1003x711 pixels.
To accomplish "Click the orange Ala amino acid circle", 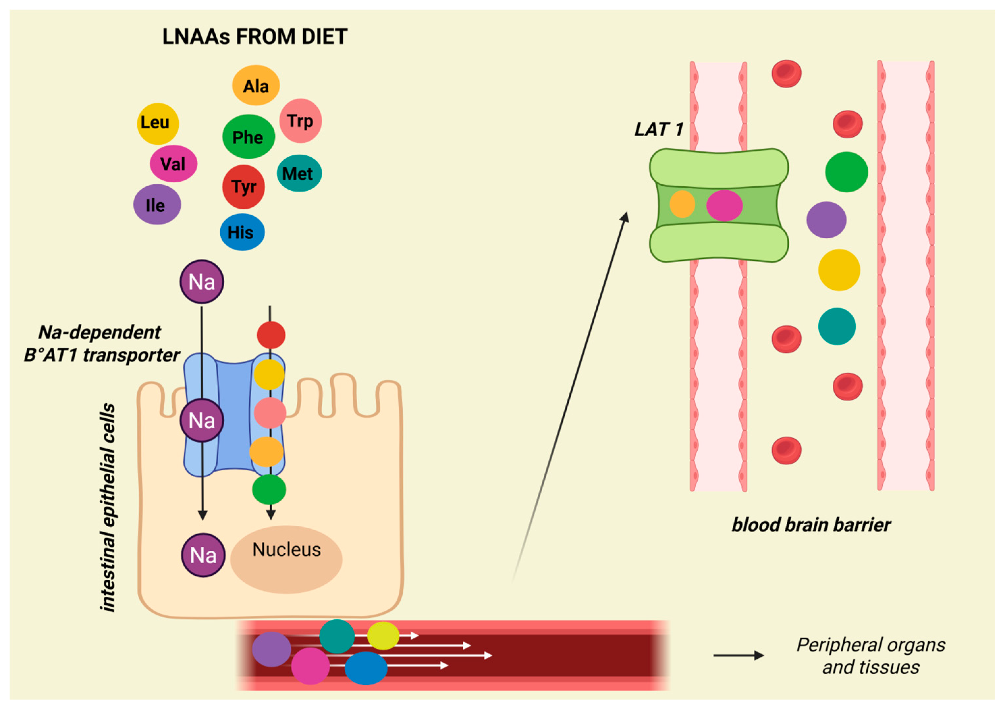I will pyautogui.click(x=256, y=85).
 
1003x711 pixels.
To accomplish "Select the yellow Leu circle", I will pyautogui.click(x=158, y=123).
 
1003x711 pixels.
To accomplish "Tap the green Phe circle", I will pyautogui.click(x=248, y=137).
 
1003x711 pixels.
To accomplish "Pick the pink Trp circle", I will pyautogui.click(x=300, y=120).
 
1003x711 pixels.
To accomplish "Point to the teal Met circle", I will pyautogui.click(x=299, y=173).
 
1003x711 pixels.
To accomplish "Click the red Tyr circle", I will pyautogui.click(x=244, y=187).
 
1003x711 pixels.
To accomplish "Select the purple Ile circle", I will pyautogui.click(x=157, y=204).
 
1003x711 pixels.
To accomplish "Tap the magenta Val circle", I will pyautogui.click(x=174, y=164).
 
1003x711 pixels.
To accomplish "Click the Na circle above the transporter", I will pyautogui.click(x=202, y=281).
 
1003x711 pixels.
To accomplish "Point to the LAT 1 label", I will pyautogui.click(x=658, y=129).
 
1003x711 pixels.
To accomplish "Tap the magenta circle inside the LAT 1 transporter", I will pyautogui.click(x=724, y=205).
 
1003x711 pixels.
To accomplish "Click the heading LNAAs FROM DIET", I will pyautogui.click(x=255, y=37).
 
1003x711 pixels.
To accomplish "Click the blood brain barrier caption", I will pyautogui.click(x=811, y=524).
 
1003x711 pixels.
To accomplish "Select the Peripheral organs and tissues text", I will pyautogui.click(x=870, y=656).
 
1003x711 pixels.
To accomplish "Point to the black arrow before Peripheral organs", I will pyautogui.click(x=739, y=655).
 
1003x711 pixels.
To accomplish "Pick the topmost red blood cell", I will pyautogui.click(x=786, y=73).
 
